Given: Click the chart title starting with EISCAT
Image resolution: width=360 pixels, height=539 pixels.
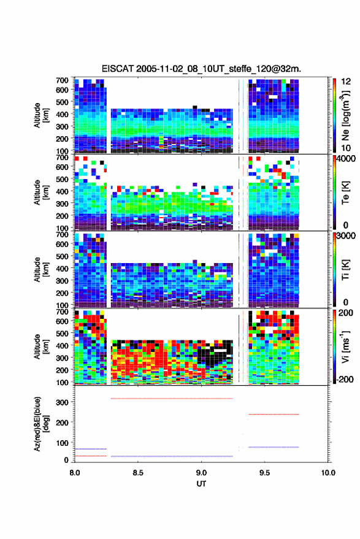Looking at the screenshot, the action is click(x=201, y=69).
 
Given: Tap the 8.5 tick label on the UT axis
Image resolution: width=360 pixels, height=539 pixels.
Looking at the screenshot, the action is click(x=138, y=473).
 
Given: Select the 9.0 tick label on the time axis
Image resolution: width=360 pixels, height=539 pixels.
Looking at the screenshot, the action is click(x=202, y=473).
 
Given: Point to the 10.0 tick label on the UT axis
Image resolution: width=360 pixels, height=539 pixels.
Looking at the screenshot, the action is click(x=328, y=473).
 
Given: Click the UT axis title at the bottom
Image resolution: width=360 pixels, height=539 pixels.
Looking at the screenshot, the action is click(x=201, y=484).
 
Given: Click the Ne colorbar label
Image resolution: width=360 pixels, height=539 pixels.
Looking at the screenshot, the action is click(x=345, y=115).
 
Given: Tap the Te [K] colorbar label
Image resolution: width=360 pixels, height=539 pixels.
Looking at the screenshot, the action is click(x=345, y=193).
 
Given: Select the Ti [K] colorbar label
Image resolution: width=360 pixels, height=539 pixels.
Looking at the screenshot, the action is click(x=345, y=270).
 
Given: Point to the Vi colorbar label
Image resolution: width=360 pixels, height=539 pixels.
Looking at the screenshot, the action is click(x=345, y=346).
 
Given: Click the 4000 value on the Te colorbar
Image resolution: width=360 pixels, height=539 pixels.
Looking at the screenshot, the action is click(x=346, y=159).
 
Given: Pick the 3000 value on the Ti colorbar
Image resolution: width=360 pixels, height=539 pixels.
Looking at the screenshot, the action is click(x=346, y=236).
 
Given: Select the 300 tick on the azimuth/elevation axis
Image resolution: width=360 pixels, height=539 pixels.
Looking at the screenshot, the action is click(x=62, y=402).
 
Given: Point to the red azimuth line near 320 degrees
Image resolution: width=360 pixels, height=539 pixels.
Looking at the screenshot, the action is click(x=172, y=399).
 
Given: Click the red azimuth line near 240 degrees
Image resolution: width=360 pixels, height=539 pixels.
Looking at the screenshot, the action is click(x=274, y=415).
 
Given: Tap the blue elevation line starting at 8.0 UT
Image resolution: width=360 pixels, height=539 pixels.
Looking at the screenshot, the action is click(x=91, y=449).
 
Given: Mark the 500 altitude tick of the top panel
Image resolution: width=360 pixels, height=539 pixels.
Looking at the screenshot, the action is click(x=62, y=102).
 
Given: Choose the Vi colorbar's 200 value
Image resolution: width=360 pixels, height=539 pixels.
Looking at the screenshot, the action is click(x=345, y=313).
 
